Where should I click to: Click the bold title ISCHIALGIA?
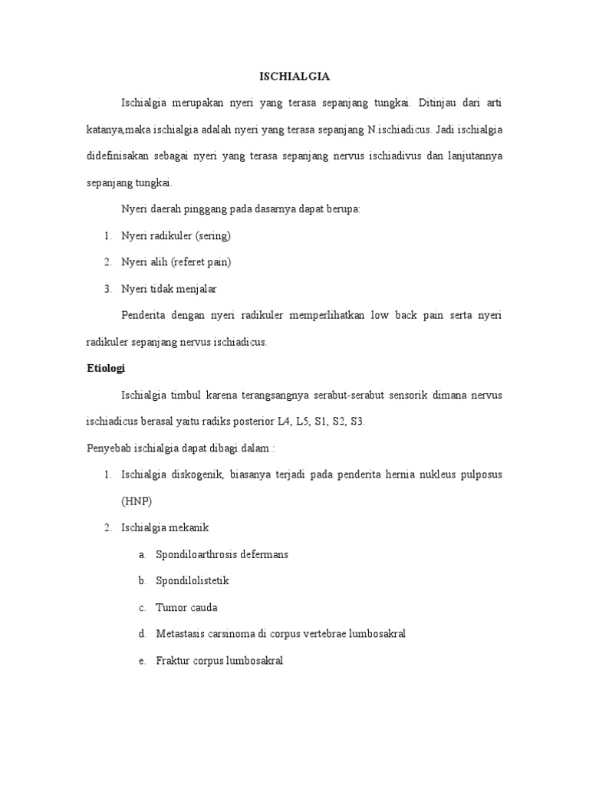(x=294, y=76)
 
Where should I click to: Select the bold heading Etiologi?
(x=105, y=369)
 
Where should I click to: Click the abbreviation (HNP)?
(x=137, y=501)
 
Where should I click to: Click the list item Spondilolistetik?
(x=192, y=581)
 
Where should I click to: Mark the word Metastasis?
(x=183, y=634)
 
